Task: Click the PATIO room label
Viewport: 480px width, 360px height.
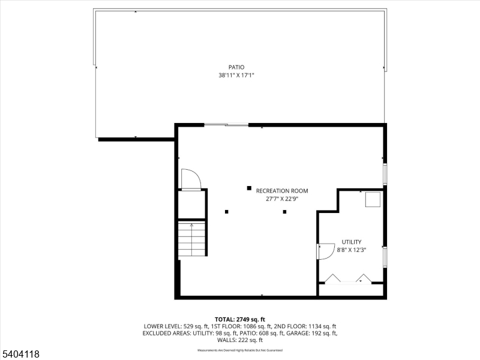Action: click(236, 67)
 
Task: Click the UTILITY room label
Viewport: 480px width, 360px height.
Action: click(351, 242)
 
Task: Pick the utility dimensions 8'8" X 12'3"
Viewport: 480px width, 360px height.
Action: click(351, 250)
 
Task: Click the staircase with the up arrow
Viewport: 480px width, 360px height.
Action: click(192, 239)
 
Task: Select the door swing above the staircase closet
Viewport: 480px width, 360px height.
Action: click(191, 179)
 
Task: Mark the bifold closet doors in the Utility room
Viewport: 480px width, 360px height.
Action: click(347, 278)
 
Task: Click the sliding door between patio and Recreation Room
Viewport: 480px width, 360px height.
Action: click(226, 125)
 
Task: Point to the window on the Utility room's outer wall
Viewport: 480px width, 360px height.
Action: click(385, 256)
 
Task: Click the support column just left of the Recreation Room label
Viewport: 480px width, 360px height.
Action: click(248, 188)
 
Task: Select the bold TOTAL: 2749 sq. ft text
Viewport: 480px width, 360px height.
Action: click(240, 319)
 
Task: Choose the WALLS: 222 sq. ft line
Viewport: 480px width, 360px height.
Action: click(240, 340)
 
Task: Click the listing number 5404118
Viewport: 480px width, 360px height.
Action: click(21, 355)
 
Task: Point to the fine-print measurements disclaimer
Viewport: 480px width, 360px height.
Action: click(240, 350)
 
